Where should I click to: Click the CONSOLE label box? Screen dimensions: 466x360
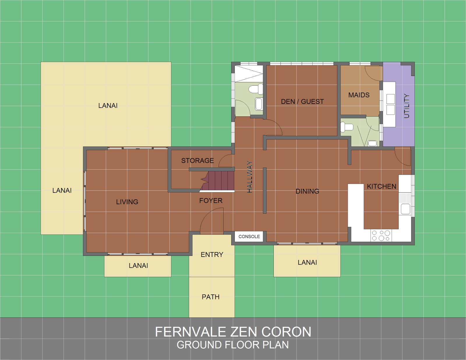click(249, 237)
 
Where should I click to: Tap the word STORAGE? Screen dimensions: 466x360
click(197, 160)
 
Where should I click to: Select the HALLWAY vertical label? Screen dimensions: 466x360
click(250, 177)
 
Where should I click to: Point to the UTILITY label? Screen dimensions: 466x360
click(407, 106)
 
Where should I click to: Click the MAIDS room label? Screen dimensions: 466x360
click(359, 95)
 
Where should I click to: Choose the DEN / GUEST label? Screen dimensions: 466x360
click(302, 102)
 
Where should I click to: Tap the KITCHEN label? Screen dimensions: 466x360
click(382, 187)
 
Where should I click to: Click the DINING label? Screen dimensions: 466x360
click(307, 191)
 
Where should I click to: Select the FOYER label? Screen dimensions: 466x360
click(211, 201)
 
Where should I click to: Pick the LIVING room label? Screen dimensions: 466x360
click(127, 202)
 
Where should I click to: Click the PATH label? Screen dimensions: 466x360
click(211, 297)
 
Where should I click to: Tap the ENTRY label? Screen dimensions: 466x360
click(212, 255)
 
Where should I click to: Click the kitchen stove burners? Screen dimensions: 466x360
click(381, 235)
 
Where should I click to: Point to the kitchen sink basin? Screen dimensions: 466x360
click(405, 209)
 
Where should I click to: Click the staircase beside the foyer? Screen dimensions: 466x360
click(217, 181)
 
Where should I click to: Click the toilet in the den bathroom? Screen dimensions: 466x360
click(256, 89)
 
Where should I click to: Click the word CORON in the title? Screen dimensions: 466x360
click(286, 332)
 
